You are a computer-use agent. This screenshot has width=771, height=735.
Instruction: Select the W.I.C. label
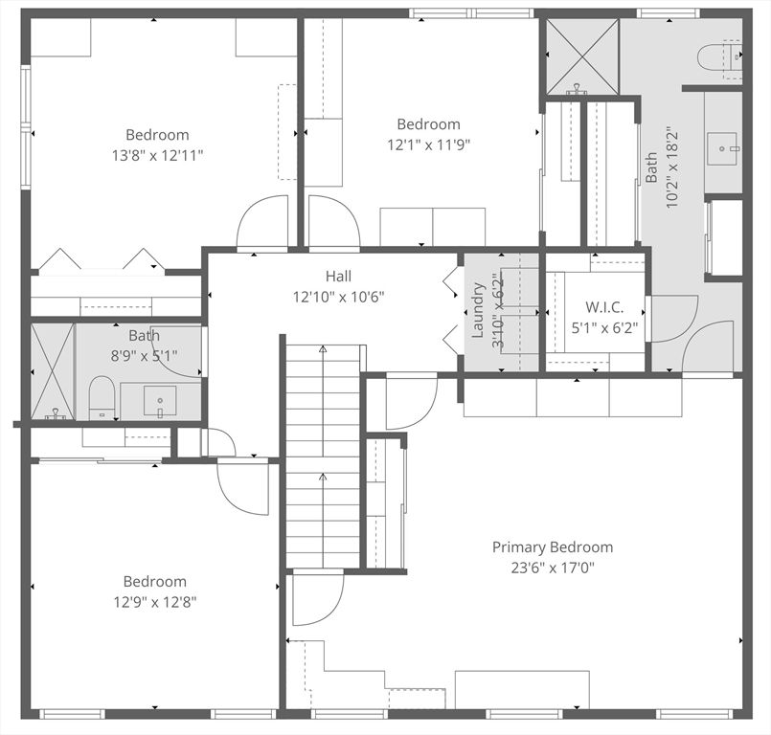coord(604,307)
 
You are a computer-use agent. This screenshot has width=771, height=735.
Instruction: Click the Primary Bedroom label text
coord(552,547)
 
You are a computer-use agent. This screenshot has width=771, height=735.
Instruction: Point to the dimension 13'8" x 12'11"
coord(157,154)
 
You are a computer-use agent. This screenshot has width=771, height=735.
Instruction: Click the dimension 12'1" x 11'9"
coord(428,145)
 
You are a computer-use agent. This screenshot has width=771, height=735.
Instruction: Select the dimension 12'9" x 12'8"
coord(154,602)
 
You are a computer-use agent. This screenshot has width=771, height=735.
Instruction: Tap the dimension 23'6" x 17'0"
coord(552,568)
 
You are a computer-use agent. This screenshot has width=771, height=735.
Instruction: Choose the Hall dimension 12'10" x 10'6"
coord(338,297)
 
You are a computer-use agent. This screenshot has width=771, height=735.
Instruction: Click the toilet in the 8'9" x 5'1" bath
coord(102,398)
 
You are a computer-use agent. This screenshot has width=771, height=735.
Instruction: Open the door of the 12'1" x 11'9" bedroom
coord(332,222)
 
